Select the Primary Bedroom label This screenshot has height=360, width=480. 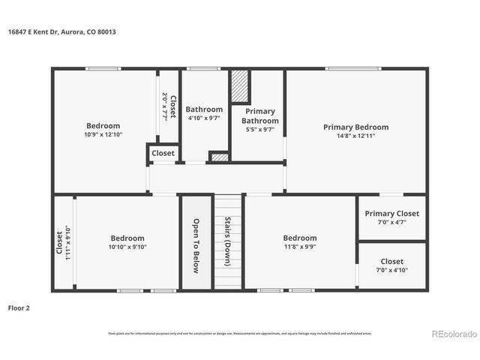(x=355, y=127)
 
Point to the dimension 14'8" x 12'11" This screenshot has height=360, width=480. (x=355, y=136)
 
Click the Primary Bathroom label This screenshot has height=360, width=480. (x=260, y=116)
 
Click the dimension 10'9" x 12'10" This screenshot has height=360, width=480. (x=103, y=135)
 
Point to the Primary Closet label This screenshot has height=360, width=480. (x=391, y=214)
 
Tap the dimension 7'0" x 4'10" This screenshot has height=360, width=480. (x=391, y=271)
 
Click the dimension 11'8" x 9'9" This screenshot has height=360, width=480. (x=300, y=247)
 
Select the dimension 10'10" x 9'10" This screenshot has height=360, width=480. (x=127, y=247)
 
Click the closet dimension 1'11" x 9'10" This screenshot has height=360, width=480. (x=67, y=243)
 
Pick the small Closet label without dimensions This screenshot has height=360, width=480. (x=163, y=153)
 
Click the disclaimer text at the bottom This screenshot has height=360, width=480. (x=239, y=332)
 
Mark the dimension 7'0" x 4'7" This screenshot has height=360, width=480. (x=391, y=223)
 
